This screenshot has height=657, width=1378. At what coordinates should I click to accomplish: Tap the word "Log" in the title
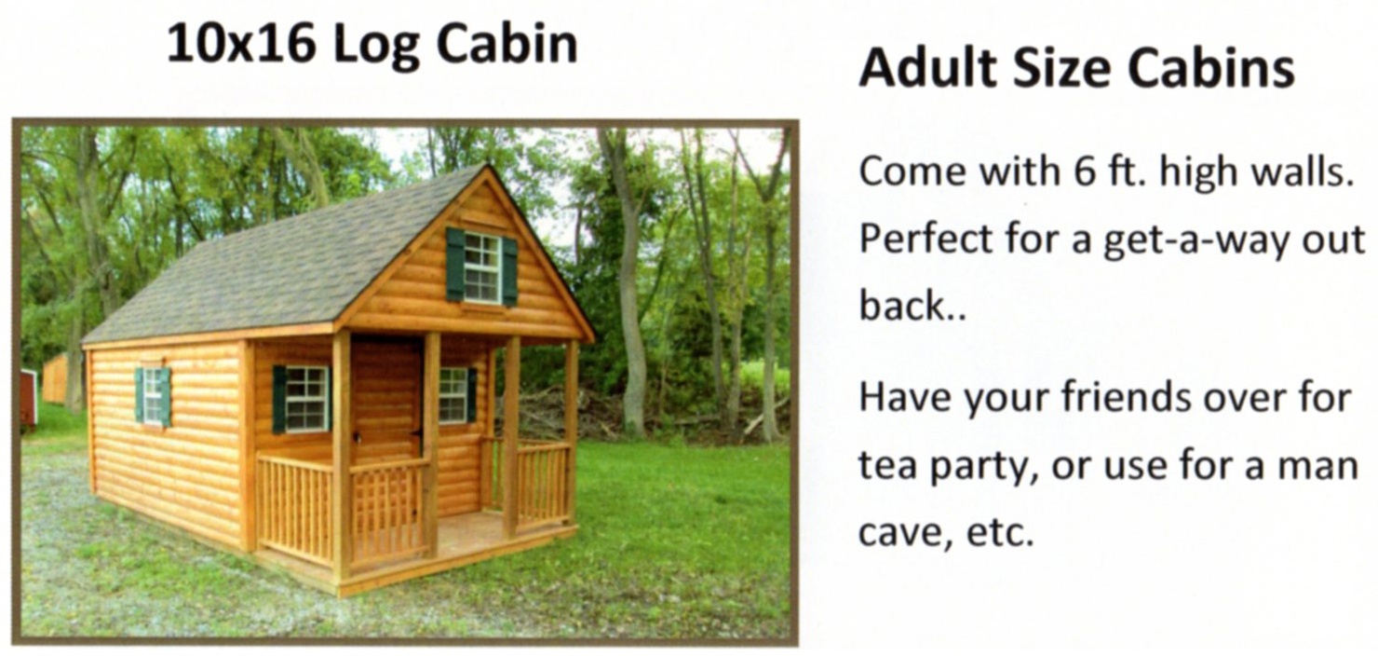[376, 47]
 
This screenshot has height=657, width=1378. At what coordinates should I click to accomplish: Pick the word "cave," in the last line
[904, 532]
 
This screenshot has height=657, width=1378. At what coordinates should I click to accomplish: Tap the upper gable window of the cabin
[482, 268]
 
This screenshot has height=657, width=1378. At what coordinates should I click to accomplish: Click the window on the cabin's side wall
[154, 397]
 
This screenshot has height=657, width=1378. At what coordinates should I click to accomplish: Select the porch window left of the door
[306, 398]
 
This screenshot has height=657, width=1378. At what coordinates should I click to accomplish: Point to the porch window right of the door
[453, 395]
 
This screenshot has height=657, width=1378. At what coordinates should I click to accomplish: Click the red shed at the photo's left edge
[28, 397]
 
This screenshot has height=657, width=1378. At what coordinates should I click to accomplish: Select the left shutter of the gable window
[455, 265]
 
